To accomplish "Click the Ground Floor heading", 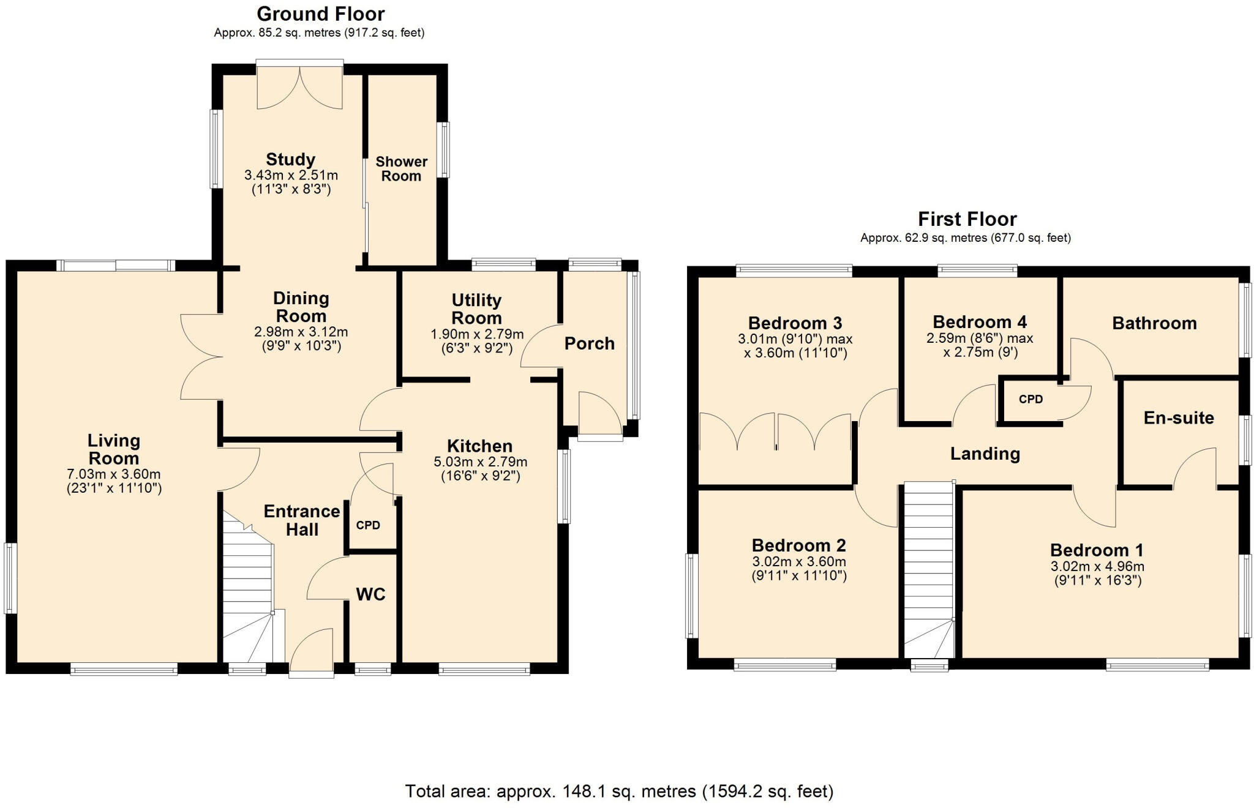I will click(320, 13).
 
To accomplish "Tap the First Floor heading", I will click(967, 219).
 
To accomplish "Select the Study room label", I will click(290, 159).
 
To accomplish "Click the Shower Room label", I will click(401, 168).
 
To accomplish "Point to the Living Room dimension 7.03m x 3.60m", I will click(113, 474).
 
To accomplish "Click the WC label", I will click(370, 594).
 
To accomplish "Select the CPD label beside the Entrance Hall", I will click(368, 525).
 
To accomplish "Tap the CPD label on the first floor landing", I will click(1031, 399).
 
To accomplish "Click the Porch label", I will click(589, 343).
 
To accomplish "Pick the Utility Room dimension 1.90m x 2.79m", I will click(477, 334).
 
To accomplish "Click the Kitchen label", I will click(479, 446).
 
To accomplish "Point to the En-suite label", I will click(1178, 418).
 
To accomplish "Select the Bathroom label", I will click(1154, 323).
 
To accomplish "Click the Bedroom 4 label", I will click(979, 322).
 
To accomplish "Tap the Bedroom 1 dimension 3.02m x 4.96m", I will click(1097, 566).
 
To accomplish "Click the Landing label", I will click(985, 454).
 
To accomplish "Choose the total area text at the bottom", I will click(619, 791).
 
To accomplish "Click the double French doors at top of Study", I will click(299, 88).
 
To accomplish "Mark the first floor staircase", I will click(929, 569).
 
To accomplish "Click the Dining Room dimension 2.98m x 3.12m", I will click(301, 332).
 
